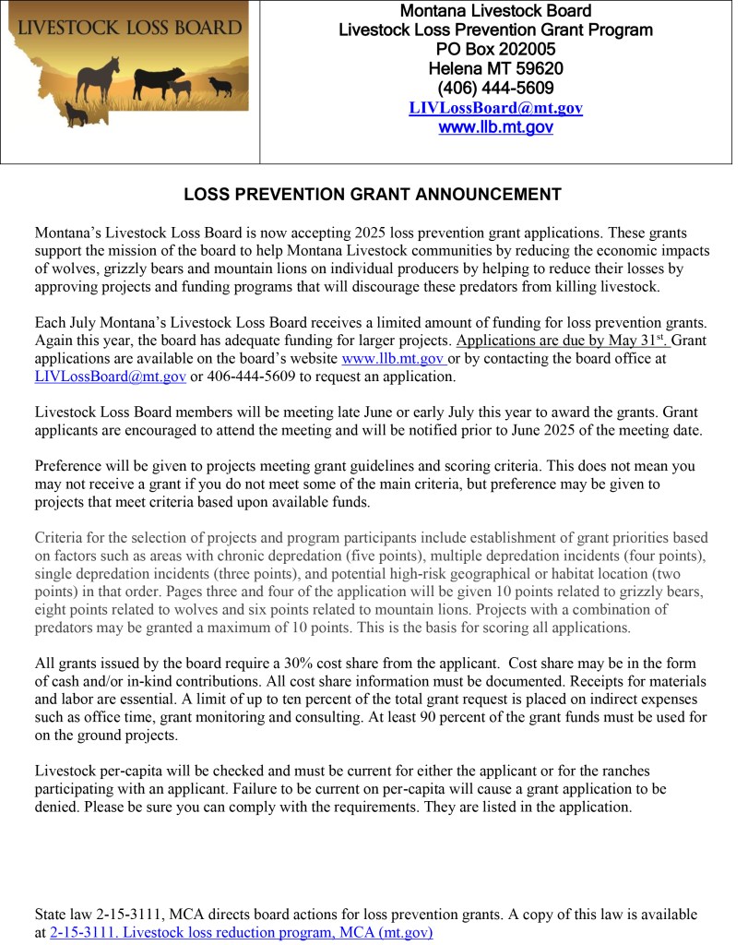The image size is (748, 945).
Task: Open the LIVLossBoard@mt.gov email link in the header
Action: click(495, 108)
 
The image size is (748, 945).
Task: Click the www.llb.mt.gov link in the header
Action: click(495, 127)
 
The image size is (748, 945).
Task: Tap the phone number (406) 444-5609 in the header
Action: click(495, 89)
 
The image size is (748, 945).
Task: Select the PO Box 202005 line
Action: click(495, 50)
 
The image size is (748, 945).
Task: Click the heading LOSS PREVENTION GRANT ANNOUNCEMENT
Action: click(373, 195)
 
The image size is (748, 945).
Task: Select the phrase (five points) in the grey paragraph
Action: click(375, 556)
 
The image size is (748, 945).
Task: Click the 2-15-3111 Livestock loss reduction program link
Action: click(241, 933)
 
